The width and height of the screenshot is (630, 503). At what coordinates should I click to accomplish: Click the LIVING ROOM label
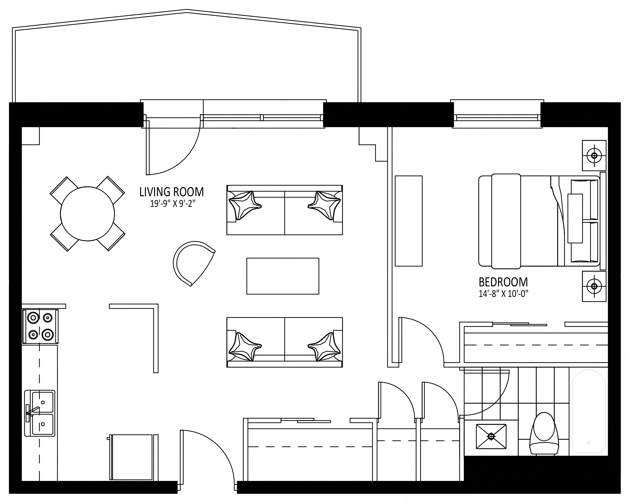(x=172, y=192)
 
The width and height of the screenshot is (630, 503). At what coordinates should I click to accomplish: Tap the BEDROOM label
(x=503, y=282)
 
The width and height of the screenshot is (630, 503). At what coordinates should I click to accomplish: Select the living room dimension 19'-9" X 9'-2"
(x=172, y=204)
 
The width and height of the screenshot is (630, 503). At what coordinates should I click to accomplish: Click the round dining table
(x=87, y=214)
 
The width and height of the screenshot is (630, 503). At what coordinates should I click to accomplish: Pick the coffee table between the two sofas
(x=283, y=276)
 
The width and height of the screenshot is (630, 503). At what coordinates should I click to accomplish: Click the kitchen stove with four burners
(x=40, y=326)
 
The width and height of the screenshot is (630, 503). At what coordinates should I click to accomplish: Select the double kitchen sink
(x=40, y=413)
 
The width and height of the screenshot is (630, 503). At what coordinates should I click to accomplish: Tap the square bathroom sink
(x=491, y=436)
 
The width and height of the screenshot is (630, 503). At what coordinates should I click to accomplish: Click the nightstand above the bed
(x=594, y=156)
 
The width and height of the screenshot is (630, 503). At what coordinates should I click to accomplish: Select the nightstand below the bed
(x=594, y=286)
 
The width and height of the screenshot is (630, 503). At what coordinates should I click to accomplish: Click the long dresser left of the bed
(x=409, y=221)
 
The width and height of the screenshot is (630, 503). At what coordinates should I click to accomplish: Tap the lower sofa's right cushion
(x=324, y=347)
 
